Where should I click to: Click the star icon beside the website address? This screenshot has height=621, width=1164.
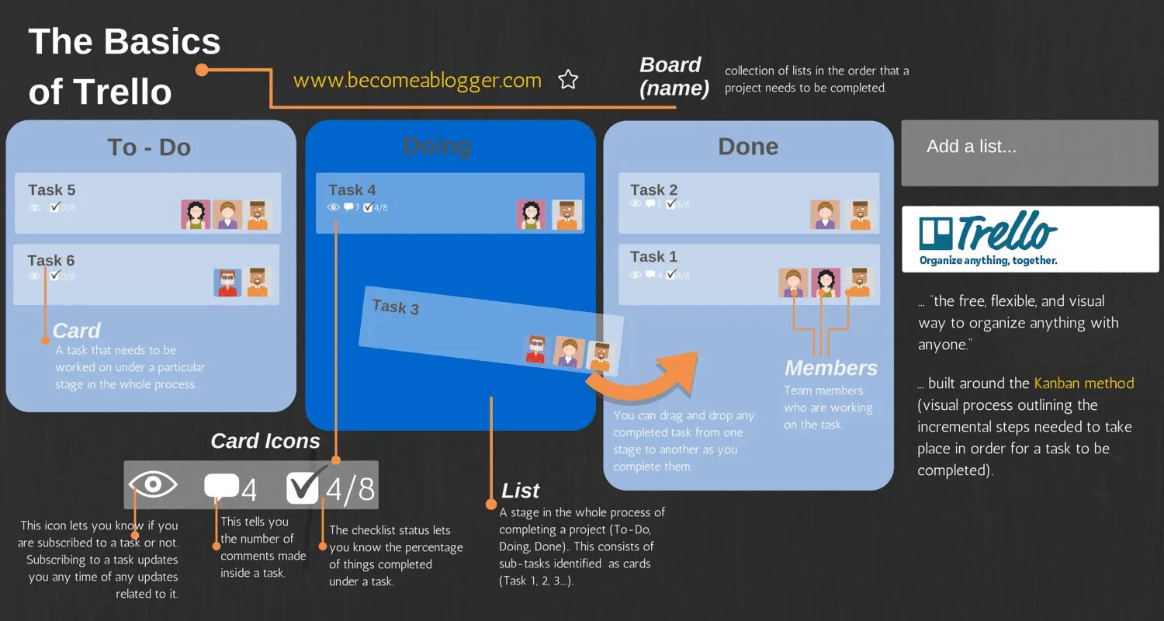[568, 79]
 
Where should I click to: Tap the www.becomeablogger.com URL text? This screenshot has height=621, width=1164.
[417, 80]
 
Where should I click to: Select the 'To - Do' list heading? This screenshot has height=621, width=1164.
[149, 147]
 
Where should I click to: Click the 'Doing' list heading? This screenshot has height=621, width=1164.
[437, 146]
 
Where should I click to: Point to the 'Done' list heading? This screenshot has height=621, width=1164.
[748, 147]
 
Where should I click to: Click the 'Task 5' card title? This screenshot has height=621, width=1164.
[52, 189]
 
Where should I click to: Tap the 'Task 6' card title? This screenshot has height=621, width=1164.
[51, 260]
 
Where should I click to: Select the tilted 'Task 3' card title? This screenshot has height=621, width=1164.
[396, 307]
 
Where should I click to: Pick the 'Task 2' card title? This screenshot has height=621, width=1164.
[653, 189]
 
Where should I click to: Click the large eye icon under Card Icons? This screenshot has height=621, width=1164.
[153, 484]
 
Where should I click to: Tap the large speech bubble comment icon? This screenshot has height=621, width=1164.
[221, 486]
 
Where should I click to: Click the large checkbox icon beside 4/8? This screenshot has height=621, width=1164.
[303, 487]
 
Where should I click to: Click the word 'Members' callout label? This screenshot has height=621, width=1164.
[830, 368]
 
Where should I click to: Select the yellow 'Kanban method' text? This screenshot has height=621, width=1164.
[1083, 383]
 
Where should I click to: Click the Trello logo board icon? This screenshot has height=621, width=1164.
[935, 234]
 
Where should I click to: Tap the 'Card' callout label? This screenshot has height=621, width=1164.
[76, 331]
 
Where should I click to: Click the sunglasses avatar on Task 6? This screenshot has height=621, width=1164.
[227, 283]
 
